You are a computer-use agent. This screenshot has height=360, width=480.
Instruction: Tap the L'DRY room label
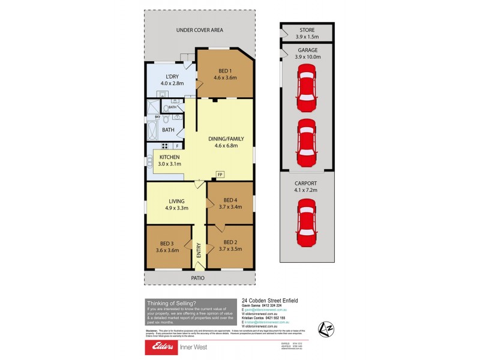(x=172, y=76)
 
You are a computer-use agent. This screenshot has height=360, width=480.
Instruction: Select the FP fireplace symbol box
(x=220, y=175)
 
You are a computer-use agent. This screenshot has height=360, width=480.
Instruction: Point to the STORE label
(x=307, y=31)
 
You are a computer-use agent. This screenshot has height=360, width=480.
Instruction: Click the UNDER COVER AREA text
(x=199, y=30)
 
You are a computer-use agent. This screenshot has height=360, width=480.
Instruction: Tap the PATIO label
(x=198, y=278)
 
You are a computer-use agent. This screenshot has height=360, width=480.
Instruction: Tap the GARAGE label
(x=307, y=50)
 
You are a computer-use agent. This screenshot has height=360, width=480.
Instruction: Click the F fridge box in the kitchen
(x=177, y=146)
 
